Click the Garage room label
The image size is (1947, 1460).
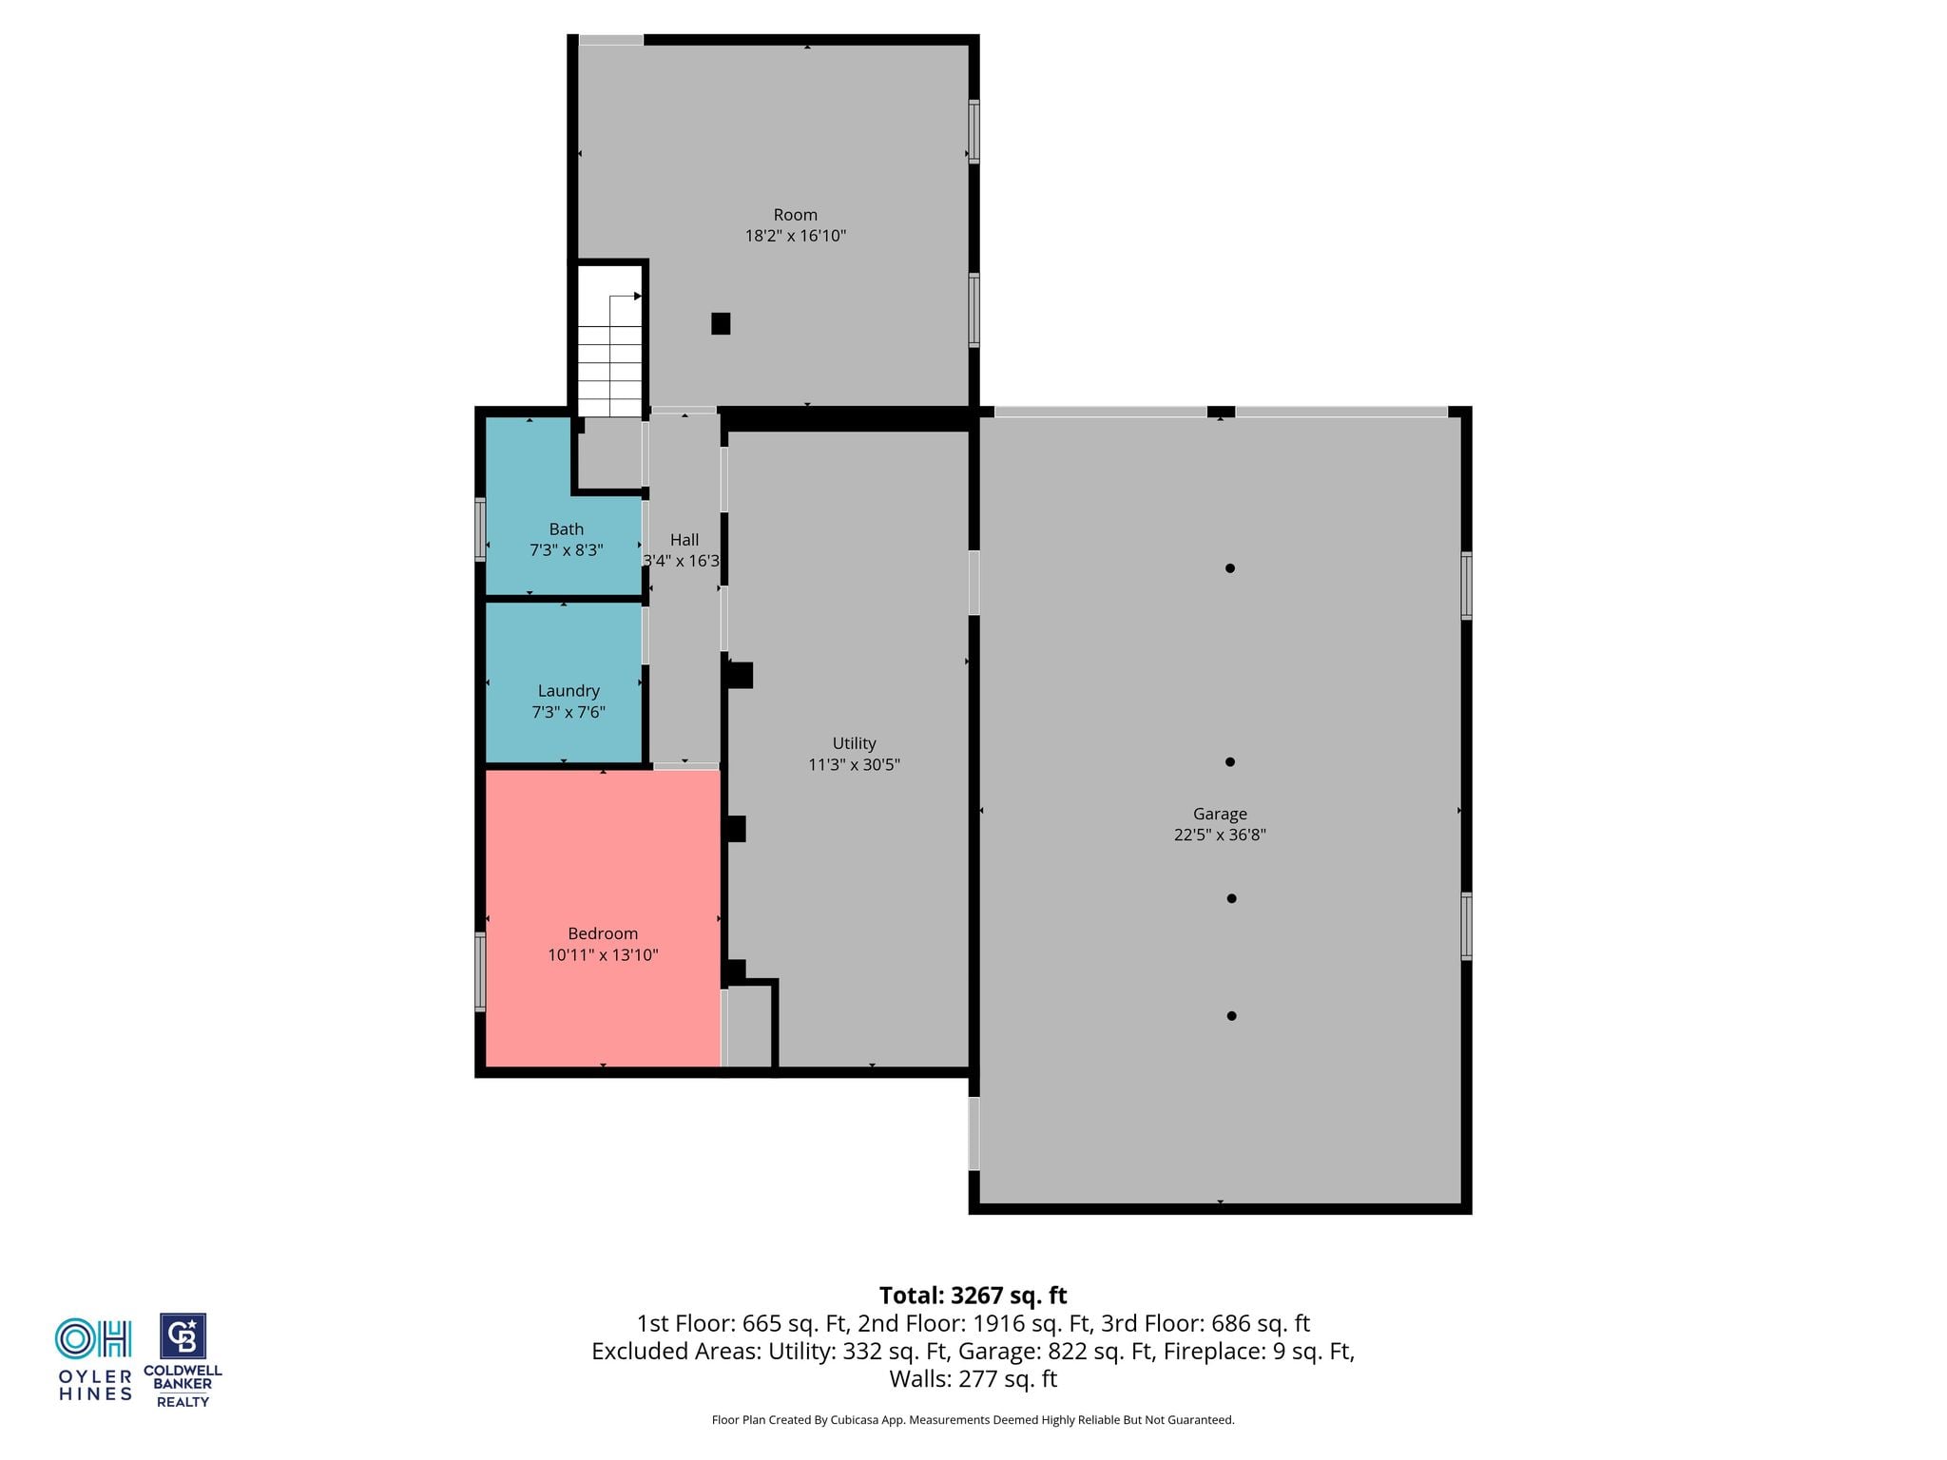point(1220,814)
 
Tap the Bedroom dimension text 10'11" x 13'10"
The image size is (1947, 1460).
point(603,954)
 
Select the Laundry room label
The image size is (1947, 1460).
point(569,691)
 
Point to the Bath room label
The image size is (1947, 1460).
point(567,529)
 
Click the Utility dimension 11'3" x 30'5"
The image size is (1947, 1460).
point(854,764)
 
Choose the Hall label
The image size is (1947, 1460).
point(684,540)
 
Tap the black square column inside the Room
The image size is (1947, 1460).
point(721,323)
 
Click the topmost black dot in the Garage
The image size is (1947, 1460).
point(1230,568)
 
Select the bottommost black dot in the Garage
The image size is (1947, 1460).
point(1231,1016)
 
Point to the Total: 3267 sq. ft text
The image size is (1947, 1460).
point(973,1296)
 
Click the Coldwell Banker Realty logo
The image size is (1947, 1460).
point(183,1360)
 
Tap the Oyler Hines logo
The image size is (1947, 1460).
point(94,1359)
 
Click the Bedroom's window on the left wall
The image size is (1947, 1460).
point(480,971)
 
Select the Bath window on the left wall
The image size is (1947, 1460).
point(480,529)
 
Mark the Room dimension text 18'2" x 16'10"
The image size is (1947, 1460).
point(796,236)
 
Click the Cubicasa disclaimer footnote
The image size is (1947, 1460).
point(973,1420)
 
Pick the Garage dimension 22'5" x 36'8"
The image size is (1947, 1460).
point(1220,835)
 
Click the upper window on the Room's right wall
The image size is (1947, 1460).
point(973,131)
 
